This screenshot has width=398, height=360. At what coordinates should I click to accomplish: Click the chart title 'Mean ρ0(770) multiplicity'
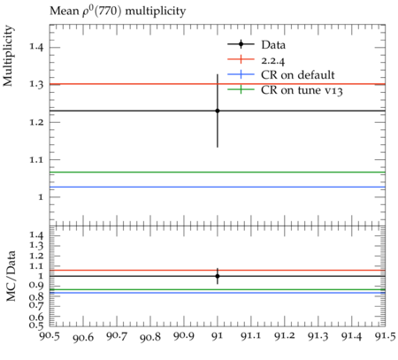point(118,11)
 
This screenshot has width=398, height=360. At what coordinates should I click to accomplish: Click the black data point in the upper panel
point(218,111)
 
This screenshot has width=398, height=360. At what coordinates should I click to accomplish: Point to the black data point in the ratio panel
point(218,276)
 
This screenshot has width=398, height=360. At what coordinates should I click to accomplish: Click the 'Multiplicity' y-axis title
point(8,56)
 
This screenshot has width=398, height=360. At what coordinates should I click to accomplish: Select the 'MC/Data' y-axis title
point(11,276)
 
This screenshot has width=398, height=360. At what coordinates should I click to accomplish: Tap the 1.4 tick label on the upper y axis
point(36,48)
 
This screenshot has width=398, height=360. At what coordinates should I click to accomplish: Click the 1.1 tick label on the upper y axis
point(36,160)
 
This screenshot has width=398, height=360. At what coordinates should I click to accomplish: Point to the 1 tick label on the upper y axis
point(41,197)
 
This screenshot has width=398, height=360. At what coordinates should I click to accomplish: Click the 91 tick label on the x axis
point(218,336)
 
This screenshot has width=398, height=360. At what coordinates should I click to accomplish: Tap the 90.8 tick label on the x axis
point(150,337)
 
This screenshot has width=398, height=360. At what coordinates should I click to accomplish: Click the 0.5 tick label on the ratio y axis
point(36,326)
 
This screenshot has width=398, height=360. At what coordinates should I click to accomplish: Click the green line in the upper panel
point(218,172)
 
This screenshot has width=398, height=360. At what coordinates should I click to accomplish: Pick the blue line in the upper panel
point(218,187)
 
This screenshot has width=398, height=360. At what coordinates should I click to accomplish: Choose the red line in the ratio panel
point(218,270)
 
